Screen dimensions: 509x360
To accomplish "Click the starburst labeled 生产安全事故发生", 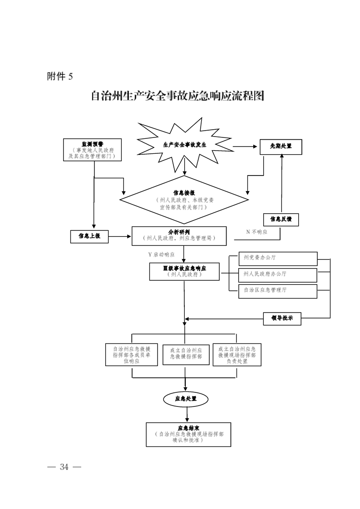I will [184, 146].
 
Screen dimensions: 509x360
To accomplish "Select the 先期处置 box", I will [281, 147].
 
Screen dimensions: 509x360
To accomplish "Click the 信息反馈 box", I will [281, 219].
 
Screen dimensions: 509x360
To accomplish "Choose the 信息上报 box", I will [89, 236].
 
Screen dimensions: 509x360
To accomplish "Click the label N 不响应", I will [256, 232].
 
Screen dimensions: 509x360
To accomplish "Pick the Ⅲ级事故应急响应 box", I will [184, 271].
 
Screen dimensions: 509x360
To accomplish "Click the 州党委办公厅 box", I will [278, 258].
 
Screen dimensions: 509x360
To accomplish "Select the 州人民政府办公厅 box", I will [278, 274].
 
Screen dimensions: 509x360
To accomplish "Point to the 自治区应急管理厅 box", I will [278, 290].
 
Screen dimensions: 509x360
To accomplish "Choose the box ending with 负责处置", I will [237, 355].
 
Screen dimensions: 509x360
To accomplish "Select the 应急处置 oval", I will [186, 399].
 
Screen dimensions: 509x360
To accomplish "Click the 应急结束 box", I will [188, 434].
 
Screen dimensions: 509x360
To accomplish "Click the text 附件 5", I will [59, 76].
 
